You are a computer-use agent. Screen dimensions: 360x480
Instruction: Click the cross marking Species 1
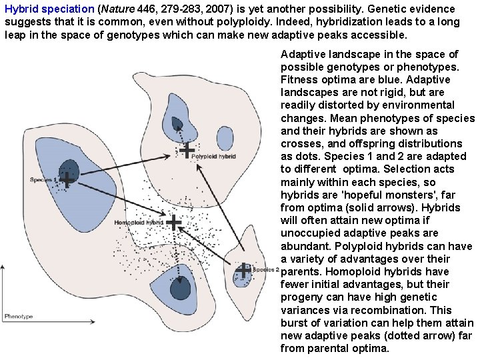pos(67,179)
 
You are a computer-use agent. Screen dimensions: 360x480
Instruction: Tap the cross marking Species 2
pos(243,270)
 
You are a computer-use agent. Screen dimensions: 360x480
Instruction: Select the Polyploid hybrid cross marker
pos(189,150)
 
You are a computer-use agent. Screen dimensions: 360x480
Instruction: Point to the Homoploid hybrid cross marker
pos(173,222)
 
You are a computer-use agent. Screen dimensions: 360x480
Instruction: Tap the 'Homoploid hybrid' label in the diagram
pos(138,222)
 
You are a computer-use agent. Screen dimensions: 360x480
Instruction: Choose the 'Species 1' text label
pos(41,180)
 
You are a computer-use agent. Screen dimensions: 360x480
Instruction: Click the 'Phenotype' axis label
pos(18,316)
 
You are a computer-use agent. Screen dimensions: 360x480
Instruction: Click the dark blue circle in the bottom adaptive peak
pos(180,289)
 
